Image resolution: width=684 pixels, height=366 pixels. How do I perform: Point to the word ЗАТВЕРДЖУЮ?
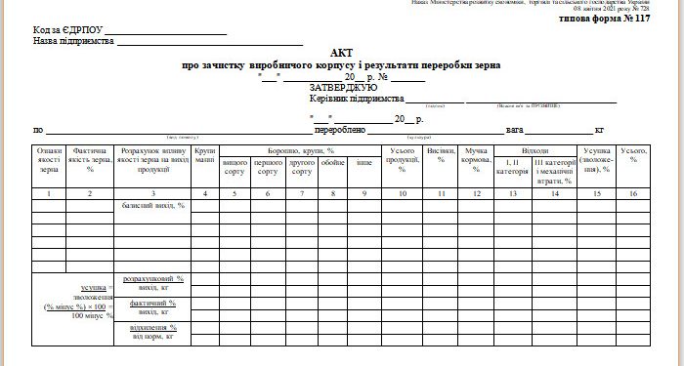343,87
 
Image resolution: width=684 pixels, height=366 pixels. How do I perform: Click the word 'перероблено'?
339,130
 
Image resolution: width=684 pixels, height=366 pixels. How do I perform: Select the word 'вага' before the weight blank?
515,130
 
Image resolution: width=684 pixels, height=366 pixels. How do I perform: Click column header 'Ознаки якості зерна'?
50,161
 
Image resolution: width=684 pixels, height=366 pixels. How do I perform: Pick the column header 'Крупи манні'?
205,156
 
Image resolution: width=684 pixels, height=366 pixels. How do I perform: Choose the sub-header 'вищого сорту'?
235,167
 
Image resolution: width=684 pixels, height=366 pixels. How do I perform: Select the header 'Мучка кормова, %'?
477,160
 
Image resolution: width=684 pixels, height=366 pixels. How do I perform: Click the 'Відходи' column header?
535,151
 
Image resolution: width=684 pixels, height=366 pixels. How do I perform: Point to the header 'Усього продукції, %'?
403,161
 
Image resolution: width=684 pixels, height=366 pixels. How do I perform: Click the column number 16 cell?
634,193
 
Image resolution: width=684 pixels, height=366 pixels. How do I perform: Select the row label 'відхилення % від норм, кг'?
152,332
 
